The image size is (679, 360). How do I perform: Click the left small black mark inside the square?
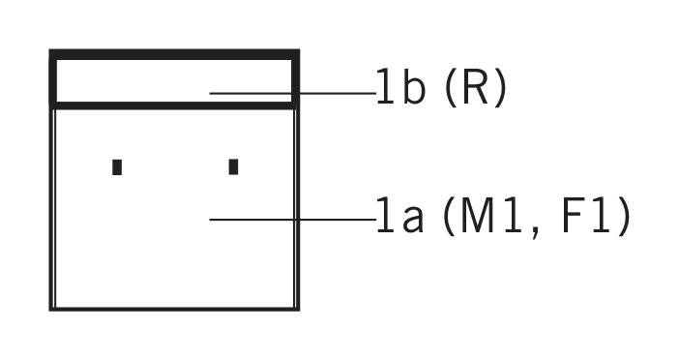pyautogui.click(x=117, y=166)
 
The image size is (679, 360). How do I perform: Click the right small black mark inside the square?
pyautogui.click(x=233, y=166)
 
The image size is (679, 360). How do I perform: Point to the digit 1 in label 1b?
pyautogui.click(x=386, y=89)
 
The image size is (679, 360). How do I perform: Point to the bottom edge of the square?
pyautogui.click(x=174, y=309)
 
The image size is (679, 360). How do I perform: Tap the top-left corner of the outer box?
pyautogui.click(x=52, y=53)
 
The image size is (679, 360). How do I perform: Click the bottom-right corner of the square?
pyautogui.click(x=297, y=309)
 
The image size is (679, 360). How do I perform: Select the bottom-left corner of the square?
pyautogui.click(x=51, y=309)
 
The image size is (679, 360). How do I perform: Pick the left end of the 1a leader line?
pyautogui.click(x=212, y=220)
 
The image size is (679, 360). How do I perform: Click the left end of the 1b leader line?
pyautogui.click(x=212, y=94)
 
